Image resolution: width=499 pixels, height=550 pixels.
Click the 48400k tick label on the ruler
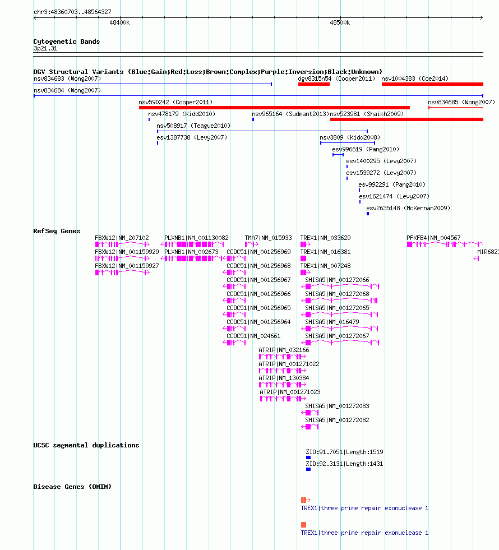(119, 23)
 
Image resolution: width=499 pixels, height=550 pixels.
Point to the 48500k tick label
(340, 23)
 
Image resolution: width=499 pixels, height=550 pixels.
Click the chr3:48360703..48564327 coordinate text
(72, 12)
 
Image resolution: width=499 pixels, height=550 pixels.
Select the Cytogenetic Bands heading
(67, 41)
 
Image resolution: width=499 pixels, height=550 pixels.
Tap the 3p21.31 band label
(45, 48)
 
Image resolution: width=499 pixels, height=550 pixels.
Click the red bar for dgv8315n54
(314, 84)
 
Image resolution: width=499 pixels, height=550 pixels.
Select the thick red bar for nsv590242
(274, 108)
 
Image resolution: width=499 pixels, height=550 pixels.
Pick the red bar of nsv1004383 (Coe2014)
(432, 84)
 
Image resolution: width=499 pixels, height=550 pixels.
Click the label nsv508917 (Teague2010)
(193, 126)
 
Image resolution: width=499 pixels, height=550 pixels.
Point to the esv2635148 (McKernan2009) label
(408, 208)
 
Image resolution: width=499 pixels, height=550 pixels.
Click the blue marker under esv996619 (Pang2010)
(338, 155)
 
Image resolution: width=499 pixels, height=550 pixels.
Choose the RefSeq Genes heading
(57, 231)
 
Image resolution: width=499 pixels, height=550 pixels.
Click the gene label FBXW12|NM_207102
(122, 238)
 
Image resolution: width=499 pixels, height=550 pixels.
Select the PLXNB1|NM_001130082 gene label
(196, 238)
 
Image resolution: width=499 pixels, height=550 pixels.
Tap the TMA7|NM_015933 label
(268, 238)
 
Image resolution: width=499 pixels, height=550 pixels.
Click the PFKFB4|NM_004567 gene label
(433, 238)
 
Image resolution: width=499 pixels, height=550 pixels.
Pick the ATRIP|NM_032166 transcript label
(284, 350)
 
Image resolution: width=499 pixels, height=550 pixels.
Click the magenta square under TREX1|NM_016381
(303, 258)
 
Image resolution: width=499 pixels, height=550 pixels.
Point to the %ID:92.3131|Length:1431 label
(344, 464)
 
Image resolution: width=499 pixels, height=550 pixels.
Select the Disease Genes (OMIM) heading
(72, 487)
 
